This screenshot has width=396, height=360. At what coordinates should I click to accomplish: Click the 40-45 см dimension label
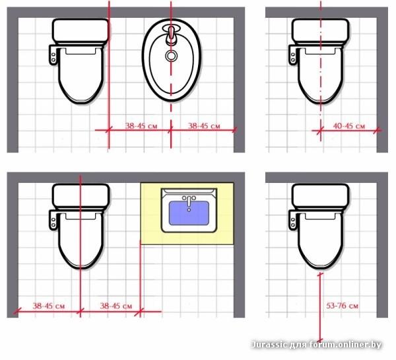tap(348, 126)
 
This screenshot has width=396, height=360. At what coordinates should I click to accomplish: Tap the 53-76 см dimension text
tap(342, 306)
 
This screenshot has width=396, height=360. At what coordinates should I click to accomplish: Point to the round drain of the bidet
tap(171, 55)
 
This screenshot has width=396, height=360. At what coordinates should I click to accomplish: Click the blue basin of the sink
tap(189, 213)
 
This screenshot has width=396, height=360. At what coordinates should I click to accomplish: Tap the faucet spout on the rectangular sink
tap(189, 201)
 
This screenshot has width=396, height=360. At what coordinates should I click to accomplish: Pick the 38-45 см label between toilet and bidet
tap(141, 126)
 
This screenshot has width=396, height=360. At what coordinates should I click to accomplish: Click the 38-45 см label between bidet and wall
tap(204, 126)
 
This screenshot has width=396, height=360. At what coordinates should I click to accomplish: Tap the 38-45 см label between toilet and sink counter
tap(116, 306)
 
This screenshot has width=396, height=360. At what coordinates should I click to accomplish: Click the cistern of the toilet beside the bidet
tap(81, 30)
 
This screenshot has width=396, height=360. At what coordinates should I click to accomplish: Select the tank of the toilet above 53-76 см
tap(321, 196)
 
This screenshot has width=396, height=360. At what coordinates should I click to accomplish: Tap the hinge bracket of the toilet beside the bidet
tap(53, 55)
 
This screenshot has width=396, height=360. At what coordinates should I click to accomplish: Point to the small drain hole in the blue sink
tap(189, 210)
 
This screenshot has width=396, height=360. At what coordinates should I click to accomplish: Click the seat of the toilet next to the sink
tap(81, 240)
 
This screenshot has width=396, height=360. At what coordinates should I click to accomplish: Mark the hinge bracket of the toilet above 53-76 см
tap(293, 220)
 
